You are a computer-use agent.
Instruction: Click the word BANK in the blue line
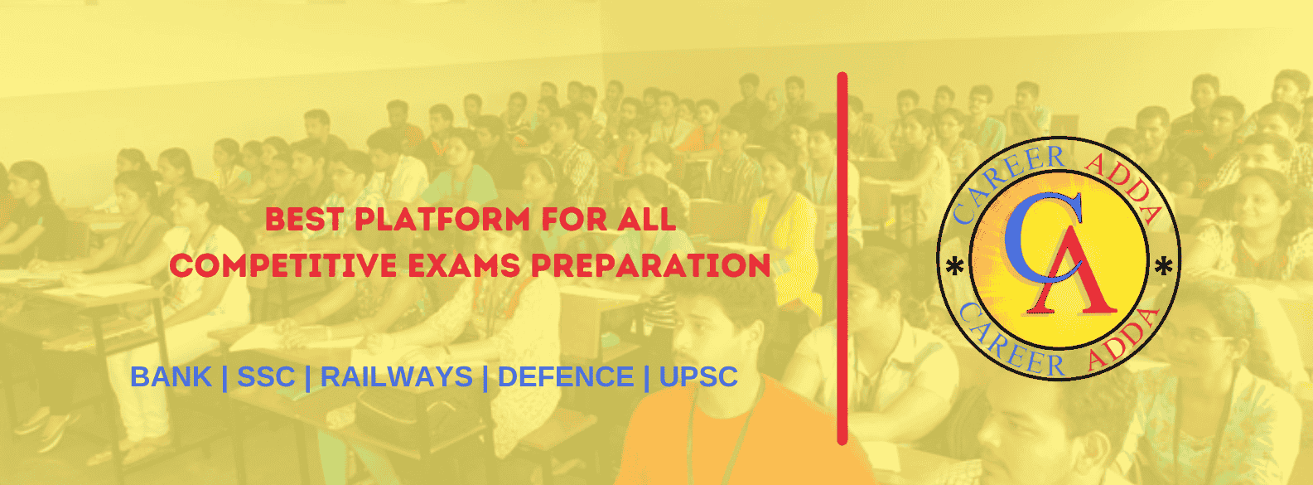171,376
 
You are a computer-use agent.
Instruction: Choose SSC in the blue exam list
266,376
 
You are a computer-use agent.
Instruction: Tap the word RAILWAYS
396,376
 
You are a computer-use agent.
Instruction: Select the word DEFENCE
566,376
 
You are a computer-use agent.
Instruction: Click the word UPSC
698,376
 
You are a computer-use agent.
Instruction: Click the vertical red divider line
842,258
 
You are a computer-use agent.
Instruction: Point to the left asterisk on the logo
955,267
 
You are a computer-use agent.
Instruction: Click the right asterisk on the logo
1163,267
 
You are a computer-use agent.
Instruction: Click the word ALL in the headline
646,220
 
